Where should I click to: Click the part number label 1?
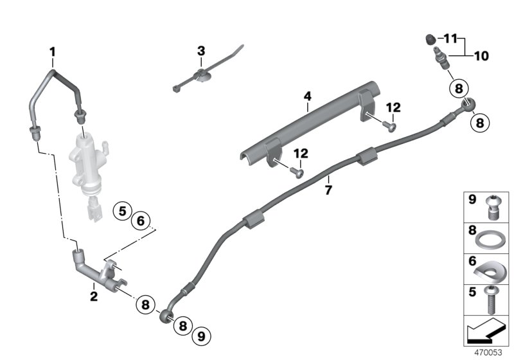(53, 51)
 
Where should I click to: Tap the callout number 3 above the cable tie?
(201, 50)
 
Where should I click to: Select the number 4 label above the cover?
(307, 96)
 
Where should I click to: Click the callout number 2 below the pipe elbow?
(94, 297)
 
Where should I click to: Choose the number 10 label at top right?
(481, 56)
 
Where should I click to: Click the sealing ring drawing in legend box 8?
(492, 239)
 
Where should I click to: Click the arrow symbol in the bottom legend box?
(485, 332)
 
